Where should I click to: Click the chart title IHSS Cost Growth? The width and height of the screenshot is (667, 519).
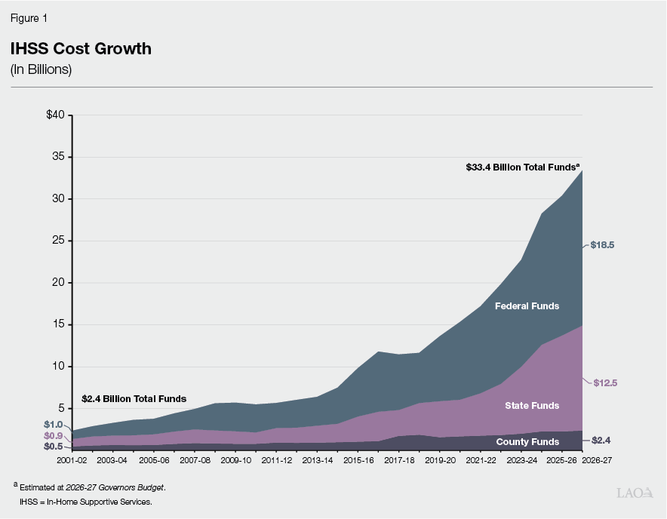point(81,49)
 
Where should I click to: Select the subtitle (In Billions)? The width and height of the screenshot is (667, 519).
point(41,69)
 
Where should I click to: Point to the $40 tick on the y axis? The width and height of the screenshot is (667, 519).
point(57,115)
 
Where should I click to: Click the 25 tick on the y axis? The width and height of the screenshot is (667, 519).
point(60,241)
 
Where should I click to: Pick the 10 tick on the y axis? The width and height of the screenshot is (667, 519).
point(60,367)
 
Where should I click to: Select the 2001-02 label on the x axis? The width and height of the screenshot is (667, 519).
point(72,459)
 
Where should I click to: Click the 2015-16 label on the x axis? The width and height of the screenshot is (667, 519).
point(358,459)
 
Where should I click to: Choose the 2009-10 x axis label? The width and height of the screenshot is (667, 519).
point(235,459)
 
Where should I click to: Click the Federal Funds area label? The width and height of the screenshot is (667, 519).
point(527,306)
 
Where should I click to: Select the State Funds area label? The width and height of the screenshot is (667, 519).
point(532,406)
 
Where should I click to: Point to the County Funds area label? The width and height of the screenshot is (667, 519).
point(527,441)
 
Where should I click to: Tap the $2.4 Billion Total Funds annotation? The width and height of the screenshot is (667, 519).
point(134,398)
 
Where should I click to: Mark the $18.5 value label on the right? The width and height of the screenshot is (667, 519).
point(603,245)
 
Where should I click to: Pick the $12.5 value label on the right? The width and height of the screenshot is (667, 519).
point(604,383)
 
